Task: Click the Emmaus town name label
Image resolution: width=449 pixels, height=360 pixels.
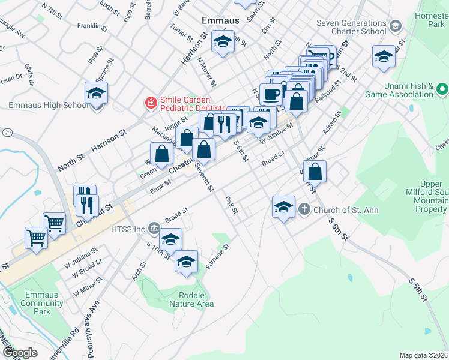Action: [x=220, y=20]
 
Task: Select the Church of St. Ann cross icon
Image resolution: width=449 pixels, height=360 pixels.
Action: [x=304, y=209]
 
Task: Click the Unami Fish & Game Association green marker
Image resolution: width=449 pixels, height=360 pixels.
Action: [x=443, y=90]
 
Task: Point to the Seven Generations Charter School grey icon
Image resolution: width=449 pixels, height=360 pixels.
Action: [x=395, y=26]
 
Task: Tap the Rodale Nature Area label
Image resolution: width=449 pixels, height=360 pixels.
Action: [x=196, y=299]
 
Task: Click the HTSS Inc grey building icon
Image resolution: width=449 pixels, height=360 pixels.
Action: [x=153, y=229]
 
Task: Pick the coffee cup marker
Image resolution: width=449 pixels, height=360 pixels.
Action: [x=271, y=93]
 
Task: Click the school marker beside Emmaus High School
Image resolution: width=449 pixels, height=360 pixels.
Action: [x=95, y=94]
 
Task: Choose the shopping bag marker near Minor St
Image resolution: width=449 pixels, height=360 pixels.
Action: [x=315, y=172]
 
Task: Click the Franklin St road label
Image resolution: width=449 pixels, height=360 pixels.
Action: [x=92, y=26]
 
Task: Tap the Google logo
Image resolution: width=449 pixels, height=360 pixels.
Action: [x=20, y=353]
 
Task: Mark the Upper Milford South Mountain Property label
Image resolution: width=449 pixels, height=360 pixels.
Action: [x=424, y=196]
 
